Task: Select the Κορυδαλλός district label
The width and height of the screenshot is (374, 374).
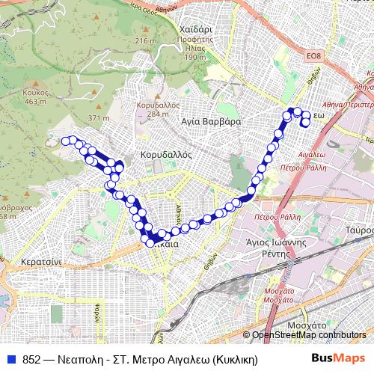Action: pyautogui.click(x=166, y=155)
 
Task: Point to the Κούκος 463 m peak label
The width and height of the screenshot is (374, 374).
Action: pyautogui.click(x=36, y=96)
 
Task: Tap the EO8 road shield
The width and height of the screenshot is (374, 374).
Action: pyautogui.click(x=313, y=55)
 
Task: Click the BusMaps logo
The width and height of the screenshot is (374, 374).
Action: pyautogui.click(x=338, y=358)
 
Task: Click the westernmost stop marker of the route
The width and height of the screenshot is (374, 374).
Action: pyautogui.click(x=66, y=141)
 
